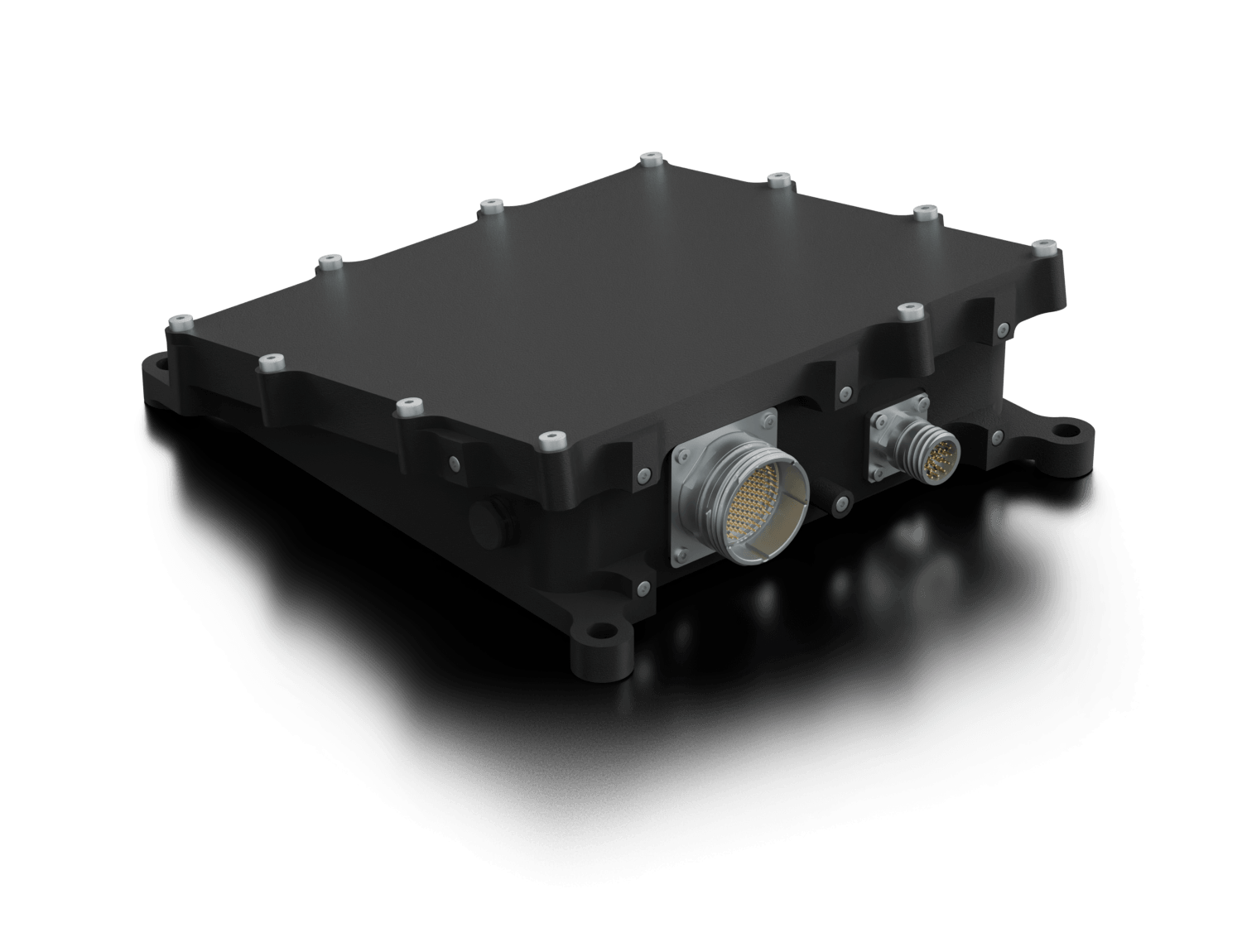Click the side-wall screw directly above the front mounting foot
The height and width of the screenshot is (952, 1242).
click(643, 589)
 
